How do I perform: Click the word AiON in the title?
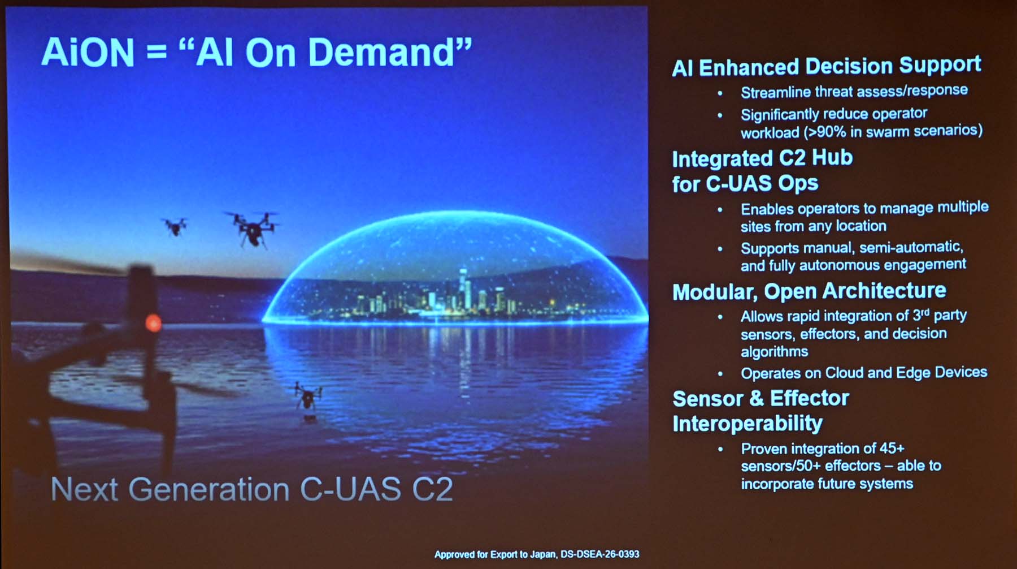(x=88, y=53)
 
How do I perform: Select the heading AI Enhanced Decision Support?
(x=827, y=66)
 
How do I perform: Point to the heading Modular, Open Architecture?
(x=809, y=291)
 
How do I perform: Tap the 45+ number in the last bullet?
(x=892, y=448)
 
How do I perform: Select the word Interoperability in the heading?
(x=747, y=424)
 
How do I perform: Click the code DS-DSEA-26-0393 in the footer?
(x=599, y=554)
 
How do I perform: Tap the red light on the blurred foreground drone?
(x=153, y=323)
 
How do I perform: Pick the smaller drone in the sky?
(x=175, y=226)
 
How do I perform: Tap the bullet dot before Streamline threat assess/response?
(x=720, y=93)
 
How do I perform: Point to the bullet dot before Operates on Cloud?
(x=720, y=374)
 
